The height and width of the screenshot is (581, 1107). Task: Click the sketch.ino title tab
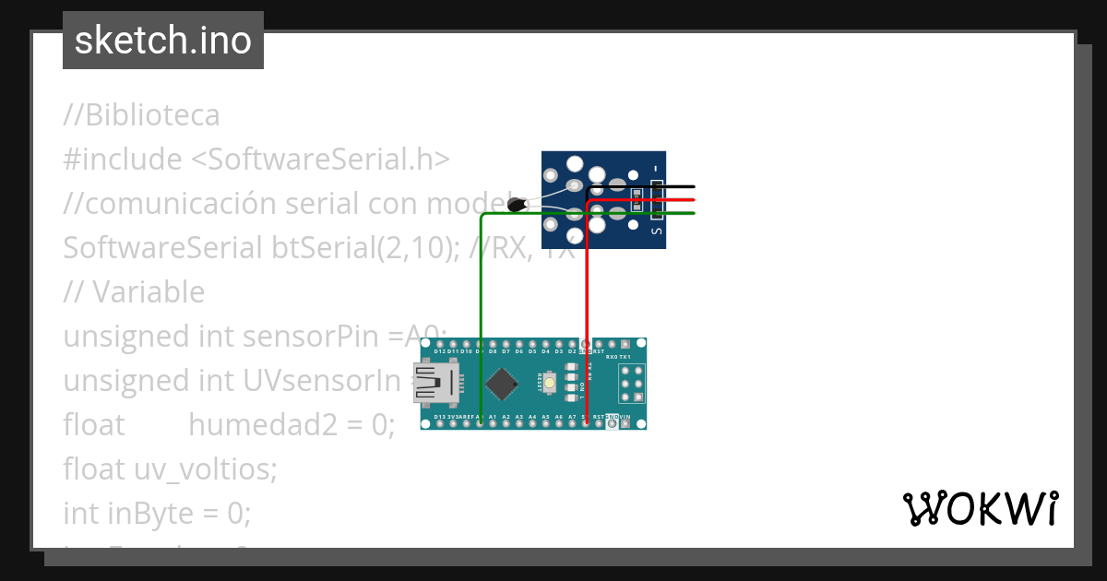163,41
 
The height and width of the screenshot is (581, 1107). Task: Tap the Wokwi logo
980,508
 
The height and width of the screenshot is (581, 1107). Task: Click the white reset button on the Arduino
550,383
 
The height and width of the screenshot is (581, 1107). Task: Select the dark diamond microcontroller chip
501,384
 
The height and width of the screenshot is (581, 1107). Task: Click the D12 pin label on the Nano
440,351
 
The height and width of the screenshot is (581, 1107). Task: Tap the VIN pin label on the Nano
626,418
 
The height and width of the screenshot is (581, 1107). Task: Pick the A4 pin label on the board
532,418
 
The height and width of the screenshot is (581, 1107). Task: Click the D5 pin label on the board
532,351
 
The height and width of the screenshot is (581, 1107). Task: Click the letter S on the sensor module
657,232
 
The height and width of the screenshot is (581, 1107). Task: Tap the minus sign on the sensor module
656,168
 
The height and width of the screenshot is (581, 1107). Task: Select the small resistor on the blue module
637,194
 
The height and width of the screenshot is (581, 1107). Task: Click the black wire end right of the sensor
692,187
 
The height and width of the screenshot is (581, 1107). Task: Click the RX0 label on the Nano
611,357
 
